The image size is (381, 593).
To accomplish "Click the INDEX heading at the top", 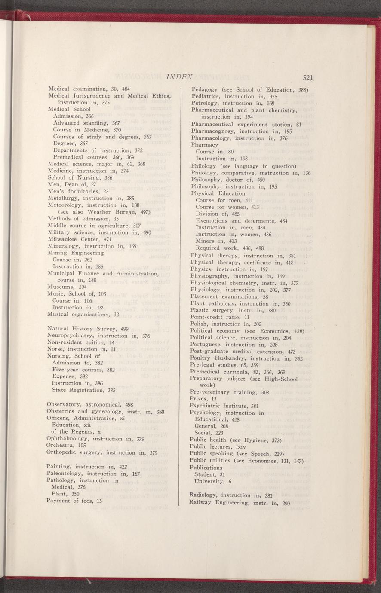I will coord(178,77).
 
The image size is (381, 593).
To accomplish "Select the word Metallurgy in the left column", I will coord(63,198).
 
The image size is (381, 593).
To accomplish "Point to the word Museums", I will coord(61,287).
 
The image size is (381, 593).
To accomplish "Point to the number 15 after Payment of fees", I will coord(99,501).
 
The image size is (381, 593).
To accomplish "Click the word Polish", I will coord(199,324).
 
